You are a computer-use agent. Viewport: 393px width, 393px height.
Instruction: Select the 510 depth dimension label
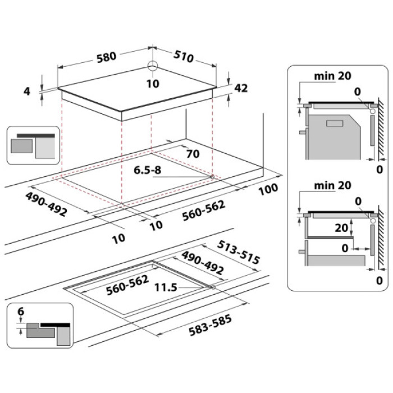(183, 57)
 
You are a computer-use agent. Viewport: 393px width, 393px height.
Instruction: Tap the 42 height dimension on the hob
(241, 88)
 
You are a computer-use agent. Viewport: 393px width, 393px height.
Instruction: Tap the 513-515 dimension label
(239, 252)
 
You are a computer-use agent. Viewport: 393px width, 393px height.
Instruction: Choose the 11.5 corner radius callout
(166, 287)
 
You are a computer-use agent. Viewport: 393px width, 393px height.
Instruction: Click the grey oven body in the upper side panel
(334, 138)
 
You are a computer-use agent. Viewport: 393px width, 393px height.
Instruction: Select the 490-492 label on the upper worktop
(46, 204)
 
